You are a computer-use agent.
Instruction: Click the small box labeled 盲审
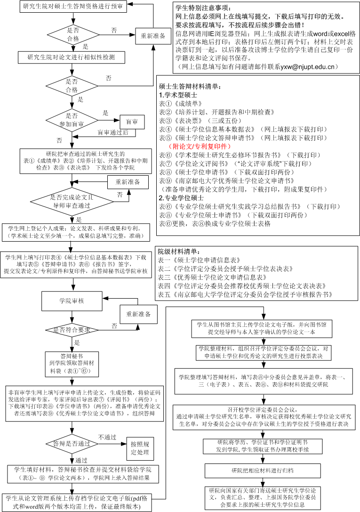(x=132, y=122)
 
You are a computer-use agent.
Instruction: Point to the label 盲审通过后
(x=113, y=133)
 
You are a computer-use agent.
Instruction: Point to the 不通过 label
(x=107, y=431)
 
